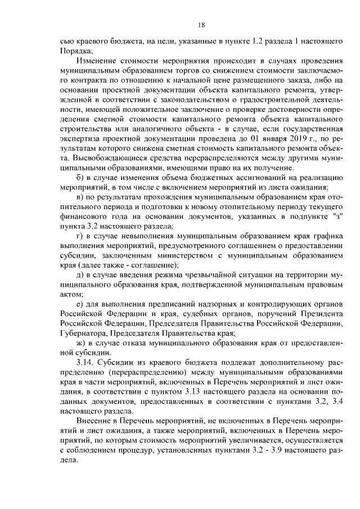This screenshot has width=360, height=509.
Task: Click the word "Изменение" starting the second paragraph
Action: pyautogui.click(x=98, y=61)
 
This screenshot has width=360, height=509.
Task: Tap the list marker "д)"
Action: pyautogui.click(x=80, y=274)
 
